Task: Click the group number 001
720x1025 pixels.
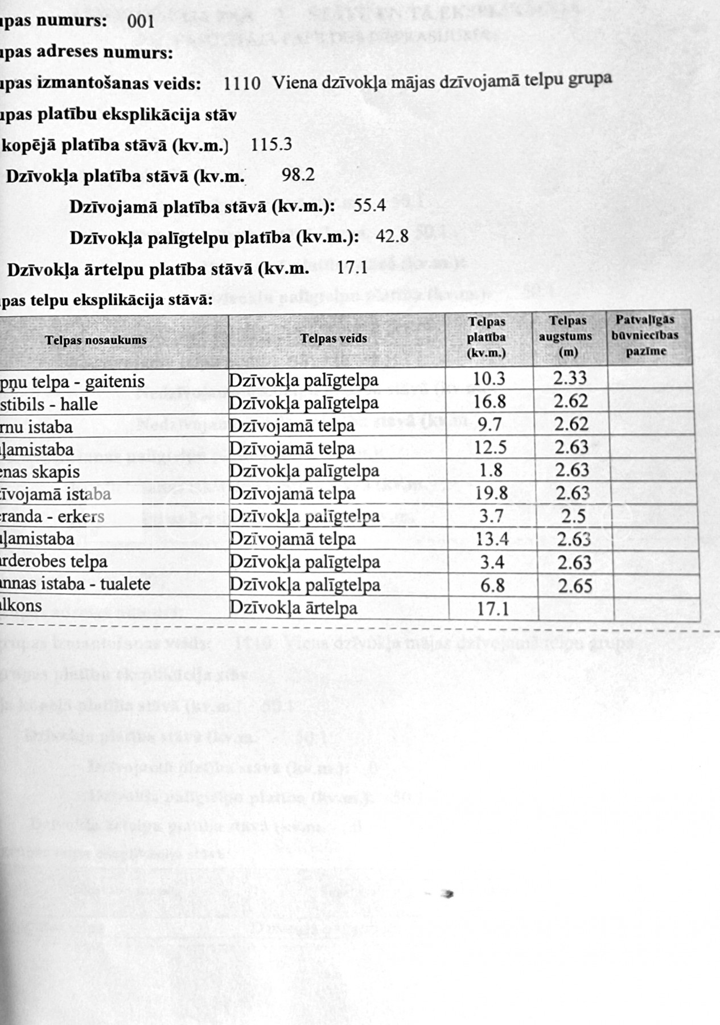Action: point(141,21)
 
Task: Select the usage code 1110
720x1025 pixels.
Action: point(242,83)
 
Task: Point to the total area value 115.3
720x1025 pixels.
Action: point(271,144)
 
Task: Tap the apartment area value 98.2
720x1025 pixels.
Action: point(298,175)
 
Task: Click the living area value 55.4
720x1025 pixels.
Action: point(370,205)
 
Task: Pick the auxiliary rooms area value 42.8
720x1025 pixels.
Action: point(392,236)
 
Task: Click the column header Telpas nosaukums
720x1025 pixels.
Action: point(96,341)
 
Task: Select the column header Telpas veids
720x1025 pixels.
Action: point(334,339)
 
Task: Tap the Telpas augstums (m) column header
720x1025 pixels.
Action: point(566,336)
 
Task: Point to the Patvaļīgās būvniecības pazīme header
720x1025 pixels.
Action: point(645,335)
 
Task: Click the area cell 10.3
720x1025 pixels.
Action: point(489,379)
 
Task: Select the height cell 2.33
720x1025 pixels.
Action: point(570,378)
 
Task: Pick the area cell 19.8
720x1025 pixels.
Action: point(491,493)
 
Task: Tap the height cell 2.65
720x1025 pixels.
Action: point(575,585)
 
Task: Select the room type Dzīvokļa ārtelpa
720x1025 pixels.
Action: point(293,608)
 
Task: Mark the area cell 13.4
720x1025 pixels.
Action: point(492,539)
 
